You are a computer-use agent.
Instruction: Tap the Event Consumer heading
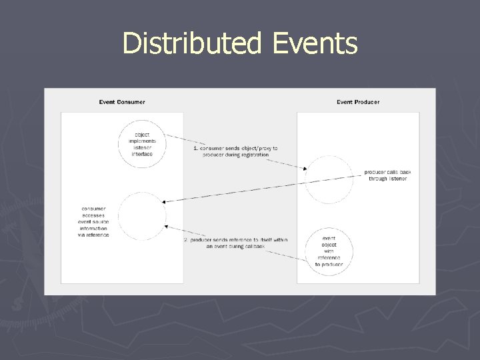(122, 102)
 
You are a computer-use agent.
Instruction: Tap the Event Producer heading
(358, 102)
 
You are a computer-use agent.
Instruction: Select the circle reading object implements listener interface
(141, 144)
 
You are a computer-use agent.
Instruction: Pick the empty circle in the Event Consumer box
(141, 216)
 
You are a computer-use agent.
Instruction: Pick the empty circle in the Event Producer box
(329, 179)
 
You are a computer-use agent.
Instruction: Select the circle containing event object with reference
(329, 251)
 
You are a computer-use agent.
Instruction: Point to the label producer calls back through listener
(388, 175)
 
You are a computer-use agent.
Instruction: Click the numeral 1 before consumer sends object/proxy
(195, 148)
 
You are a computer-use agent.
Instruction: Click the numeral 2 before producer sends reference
(185, 239)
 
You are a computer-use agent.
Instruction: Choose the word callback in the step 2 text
(253, 246)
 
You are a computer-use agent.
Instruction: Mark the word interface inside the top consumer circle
(142, 154)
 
